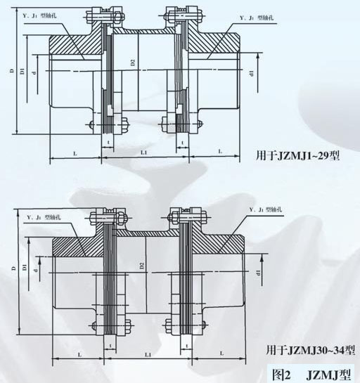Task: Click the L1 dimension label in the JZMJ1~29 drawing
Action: [143, 152]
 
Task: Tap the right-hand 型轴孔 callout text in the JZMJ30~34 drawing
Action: [270, 210]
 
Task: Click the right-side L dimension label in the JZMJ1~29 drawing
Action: [220, 152]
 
